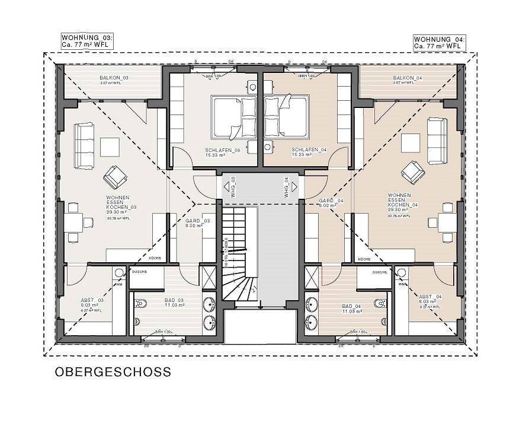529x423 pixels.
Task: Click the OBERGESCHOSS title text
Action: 113,373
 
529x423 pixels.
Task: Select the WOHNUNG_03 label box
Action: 87,41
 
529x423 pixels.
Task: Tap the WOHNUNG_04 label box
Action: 440,42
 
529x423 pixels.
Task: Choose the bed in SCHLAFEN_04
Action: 286,116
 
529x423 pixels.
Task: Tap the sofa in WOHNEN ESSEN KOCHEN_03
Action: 84,146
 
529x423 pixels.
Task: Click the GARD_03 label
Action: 197,222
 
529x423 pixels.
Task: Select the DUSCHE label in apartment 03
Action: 138,272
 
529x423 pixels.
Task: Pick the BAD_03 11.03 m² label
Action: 174,303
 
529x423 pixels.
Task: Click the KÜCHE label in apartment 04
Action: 365,259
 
